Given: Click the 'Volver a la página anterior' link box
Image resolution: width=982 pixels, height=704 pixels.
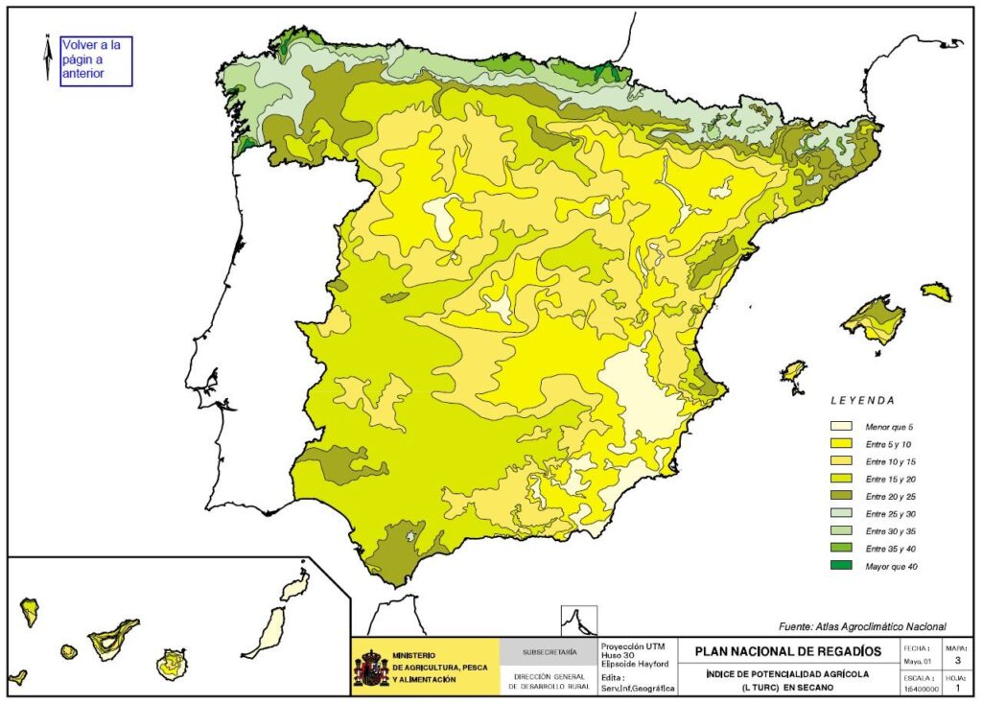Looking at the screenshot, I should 96,60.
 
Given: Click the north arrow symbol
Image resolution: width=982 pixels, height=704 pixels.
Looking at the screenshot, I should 47,57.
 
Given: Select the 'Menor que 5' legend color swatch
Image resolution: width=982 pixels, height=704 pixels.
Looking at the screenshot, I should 842,425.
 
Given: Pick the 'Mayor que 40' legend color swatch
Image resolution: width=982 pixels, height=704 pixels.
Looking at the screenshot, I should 842,566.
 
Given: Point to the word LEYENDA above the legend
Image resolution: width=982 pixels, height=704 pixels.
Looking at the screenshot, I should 862,400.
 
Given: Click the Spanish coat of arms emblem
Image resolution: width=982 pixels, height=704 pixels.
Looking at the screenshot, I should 372,668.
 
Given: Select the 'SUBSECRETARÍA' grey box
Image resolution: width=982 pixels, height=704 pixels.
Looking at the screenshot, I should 549,652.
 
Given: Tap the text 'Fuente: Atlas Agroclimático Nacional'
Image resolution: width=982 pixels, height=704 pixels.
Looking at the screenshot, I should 862,626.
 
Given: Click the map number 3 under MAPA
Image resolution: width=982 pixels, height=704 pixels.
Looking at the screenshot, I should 957,659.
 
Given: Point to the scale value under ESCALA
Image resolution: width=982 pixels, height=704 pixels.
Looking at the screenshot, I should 915,689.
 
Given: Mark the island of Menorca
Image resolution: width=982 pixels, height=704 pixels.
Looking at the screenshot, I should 937,292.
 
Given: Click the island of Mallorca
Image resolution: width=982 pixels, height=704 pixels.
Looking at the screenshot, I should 874,320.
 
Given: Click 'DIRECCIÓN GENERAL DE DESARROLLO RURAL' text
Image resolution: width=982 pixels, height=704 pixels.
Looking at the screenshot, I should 549,682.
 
